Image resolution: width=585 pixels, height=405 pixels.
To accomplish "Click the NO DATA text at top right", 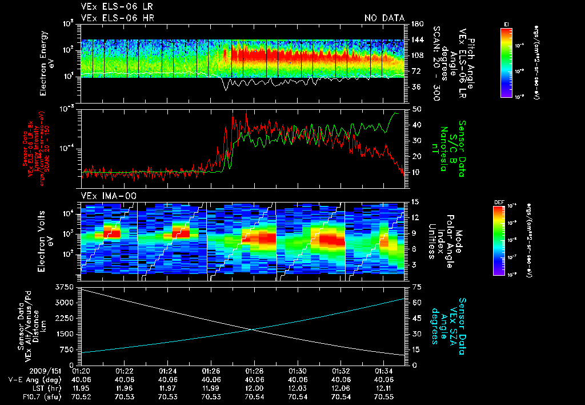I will (384, 18).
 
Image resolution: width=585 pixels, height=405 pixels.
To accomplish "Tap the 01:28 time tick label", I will (254, 371).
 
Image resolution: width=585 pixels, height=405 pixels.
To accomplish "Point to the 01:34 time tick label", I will (384, 371).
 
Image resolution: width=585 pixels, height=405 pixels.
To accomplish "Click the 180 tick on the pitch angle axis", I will (416, 24).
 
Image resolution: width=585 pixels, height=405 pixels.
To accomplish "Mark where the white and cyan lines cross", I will (251, 329).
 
